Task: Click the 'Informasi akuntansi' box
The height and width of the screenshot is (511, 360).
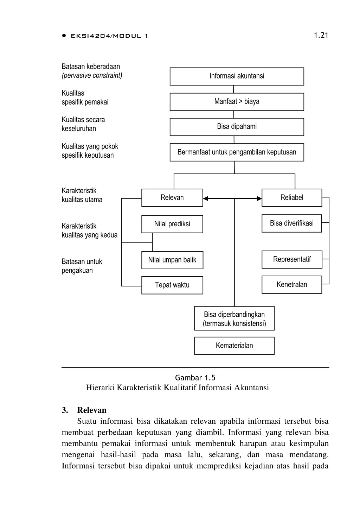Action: [237, 76]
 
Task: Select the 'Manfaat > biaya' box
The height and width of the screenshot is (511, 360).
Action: [237, 102]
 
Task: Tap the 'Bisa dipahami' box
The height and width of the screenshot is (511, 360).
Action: [237, 127]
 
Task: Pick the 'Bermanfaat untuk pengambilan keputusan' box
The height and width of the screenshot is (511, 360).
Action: [237, 152]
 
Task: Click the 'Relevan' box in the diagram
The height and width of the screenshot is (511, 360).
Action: [172, 198]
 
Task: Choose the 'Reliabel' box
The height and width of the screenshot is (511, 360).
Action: [292, 198]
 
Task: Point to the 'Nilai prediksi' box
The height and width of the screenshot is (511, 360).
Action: [172, 224]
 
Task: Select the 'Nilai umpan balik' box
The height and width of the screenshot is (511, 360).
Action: [172, 260]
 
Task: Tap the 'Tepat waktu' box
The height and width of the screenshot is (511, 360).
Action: [172, 285]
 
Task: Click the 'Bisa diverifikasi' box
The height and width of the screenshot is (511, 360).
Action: [292, 223]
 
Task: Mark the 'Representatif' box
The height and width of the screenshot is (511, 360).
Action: [292, 260]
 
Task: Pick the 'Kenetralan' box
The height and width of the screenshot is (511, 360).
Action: [292, 285]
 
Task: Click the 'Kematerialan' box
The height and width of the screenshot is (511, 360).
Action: [234, 346]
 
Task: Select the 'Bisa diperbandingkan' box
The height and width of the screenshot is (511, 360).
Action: [234, 318]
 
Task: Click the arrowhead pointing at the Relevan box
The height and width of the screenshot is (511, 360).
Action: [206, 198]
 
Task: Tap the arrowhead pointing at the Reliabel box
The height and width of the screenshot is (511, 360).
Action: [259, 198]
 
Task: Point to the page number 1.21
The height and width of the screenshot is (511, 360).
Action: [321, 35]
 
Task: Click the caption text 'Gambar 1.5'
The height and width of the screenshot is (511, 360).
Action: [195, 378]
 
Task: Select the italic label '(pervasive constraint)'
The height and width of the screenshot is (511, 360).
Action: [92, 76]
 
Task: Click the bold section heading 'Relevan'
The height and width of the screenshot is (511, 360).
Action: [92, 410]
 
